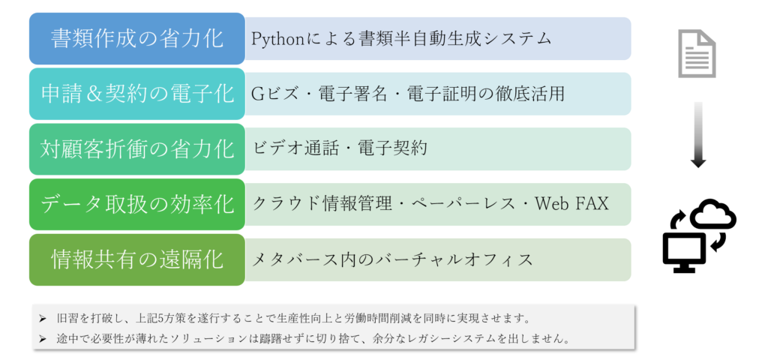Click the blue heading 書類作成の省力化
(137, 39)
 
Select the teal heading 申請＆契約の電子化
(137, 94)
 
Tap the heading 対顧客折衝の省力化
(137, 149)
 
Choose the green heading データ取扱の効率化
(137, 205)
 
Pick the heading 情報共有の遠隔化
(137, 259)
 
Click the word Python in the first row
(276, 39)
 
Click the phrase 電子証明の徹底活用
(485, 94)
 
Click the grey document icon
(697, 54)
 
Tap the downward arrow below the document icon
(698, 135)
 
